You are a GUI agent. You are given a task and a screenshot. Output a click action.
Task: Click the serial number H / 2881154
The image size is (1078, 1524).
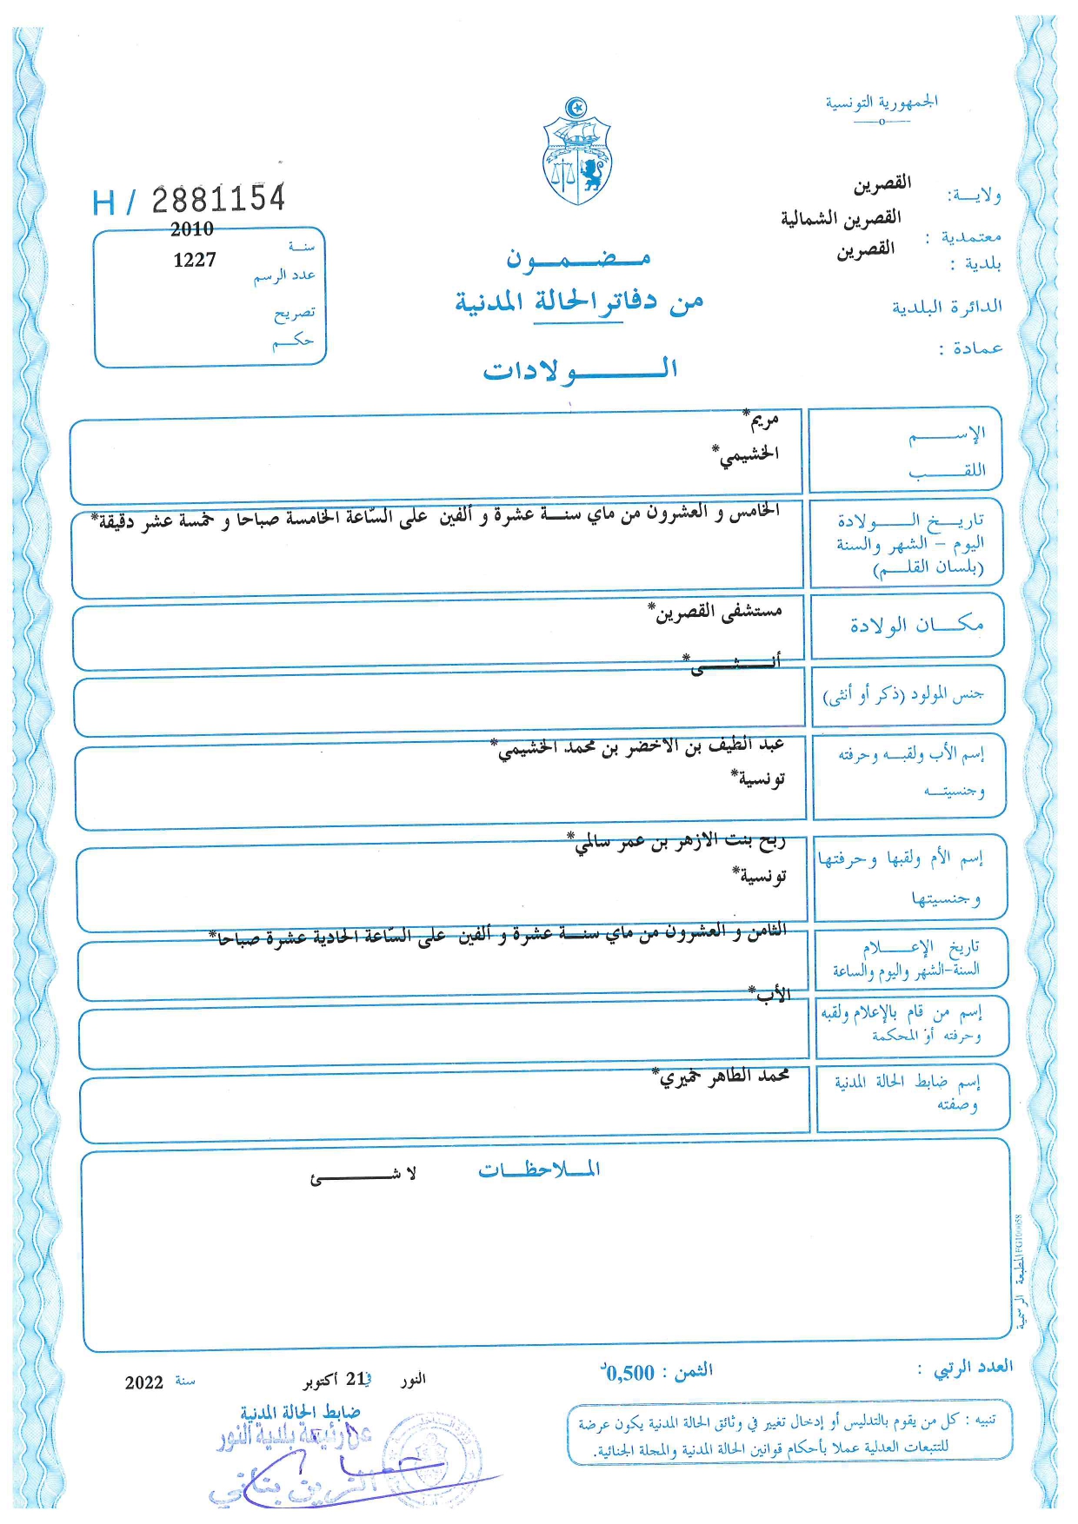coord(189,201)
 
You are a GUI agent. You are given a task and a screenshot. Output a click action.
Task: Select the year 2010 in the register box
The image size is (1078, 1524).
coord(192,229)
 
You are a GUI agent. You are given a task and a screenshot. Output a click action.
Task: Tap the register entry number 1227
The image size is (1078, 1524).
coord(195,260)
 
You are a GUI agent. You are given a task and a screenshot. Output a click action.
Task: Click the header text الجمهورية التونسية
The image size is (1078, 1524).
coord(882,103)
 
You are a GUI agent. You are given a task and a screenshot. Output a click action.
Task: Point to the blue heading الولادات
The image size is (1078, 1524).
coord(580,370)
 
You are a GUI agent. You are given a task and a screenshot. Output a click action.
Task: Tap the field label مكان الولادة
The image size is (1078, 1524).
coord(916,625)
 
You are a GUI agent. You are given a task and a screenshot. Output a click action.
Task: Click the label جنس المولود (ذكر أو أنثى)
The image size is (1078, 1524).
coord(903,695)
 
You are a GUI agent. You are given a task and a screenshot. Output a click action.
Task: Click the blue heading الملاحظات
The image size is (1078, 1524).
coord(539,1170)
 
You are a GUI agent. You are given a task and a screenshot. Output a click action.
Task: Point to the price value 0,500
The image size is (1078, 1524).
coord(629,1373)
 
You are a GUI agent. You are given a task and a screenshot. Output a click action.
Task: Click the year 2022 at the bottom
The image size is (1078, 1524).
coord(143,1382)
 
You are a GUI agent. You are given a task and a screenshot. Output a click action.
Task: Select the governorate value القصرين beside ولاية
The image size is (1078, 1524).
coord(882,183)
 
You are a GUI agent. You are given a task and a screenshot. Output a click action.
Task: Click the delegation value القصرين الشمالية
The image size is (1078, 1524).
coord(841,217)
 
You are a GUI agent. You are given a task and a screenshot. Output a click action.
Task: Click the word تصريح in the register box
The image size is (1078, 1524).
coord(295,313)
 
